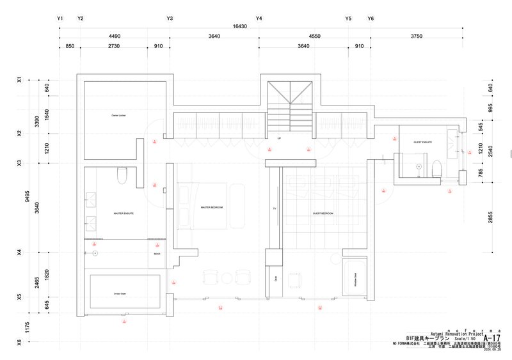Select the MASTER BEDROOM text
pyautogui.click(x=211, y=208)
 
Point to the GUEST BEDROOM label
pyautogui.click(x=323, y=213)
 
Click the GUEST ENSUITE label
pyautogui.click(x=423, y=141)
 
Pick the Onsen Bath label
pyautogui.click(x=123, y=293)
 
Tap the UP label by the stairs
pyautogui.click(x=279, y=138)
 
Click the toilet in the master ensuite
pyautogui.click(x=123, y=175)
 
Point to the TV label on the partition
pyautogui.click(x=275, y=209)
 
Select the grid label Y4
pyautogui.click(x=259, y=19)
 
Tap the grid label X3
pyautogui.click(x=19, y=164)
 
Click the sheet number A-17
pyautogui.click(x=492, y=338)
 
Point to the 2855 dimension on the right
pyautogui.click(x=490, y=217)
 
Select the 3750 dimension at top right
pyautogui.click(x=417, y=36)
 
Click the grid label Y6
pyautogui.click(x=371, y=19)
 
